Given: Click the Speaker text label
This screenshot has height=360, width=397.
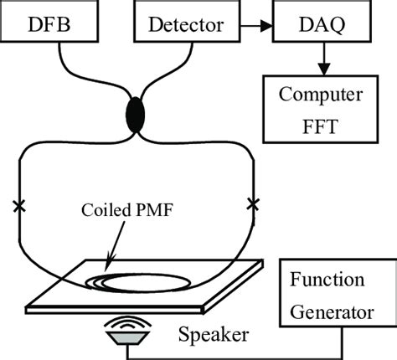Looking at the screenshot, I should point(214,336).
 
